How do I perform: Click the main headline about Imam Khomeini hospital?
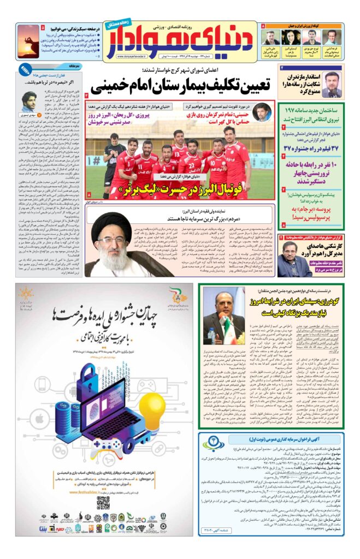click(183, 85)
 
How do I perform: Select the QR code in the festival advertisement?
click(102, 502)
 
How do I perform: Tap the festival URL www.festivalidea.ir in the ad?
click(90, 491)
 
